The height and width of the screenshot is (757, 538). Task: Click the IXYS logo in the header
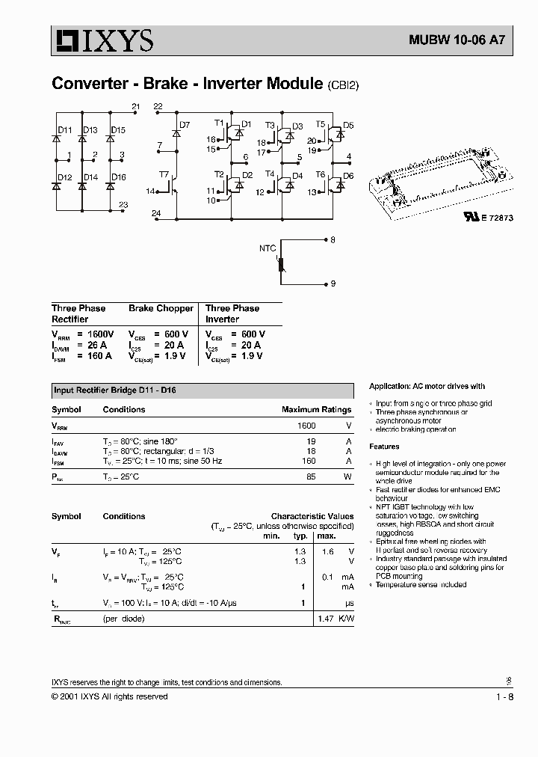click(x=102, y=40)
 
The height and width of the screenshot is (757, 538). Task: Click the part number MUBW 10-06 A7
click(x=451, y=42)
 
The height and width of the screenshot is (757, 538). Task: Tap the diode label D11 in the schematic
click(x=66, y=130)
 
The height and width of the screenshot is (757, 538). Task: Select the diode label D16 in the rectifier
click(x=118, y=177)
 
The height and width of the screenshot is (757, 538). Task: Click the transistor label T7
click(x=164, y=174)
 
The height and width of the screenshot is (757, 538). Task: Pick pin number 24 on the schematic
click(x=156, y=214)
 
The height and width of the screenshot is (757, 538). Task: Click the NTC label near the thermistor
click(x=268, y=248)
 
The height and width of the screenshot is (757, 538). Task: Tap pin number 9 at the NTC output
click(x=333, y=284)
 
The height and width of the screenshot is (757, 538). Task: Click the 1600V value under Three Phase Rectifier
click(x=99, y=334)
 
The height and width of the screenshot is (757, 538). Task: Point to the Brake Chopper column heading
click(x=161, y=308)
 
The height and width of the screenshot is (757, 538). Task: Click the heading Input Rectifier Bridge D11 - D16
click(x=114, y=390)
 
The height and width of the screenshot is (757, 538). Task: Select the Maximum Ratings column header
click(x=316, y=410)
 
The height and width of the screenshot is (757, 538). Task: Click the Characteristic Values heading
click(x=312, y=516)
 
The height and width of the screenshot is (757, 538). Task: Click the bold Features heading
click(x=384, y=447)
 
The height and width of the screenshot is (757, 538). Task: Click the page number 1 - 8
click(x=504, y=696)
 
